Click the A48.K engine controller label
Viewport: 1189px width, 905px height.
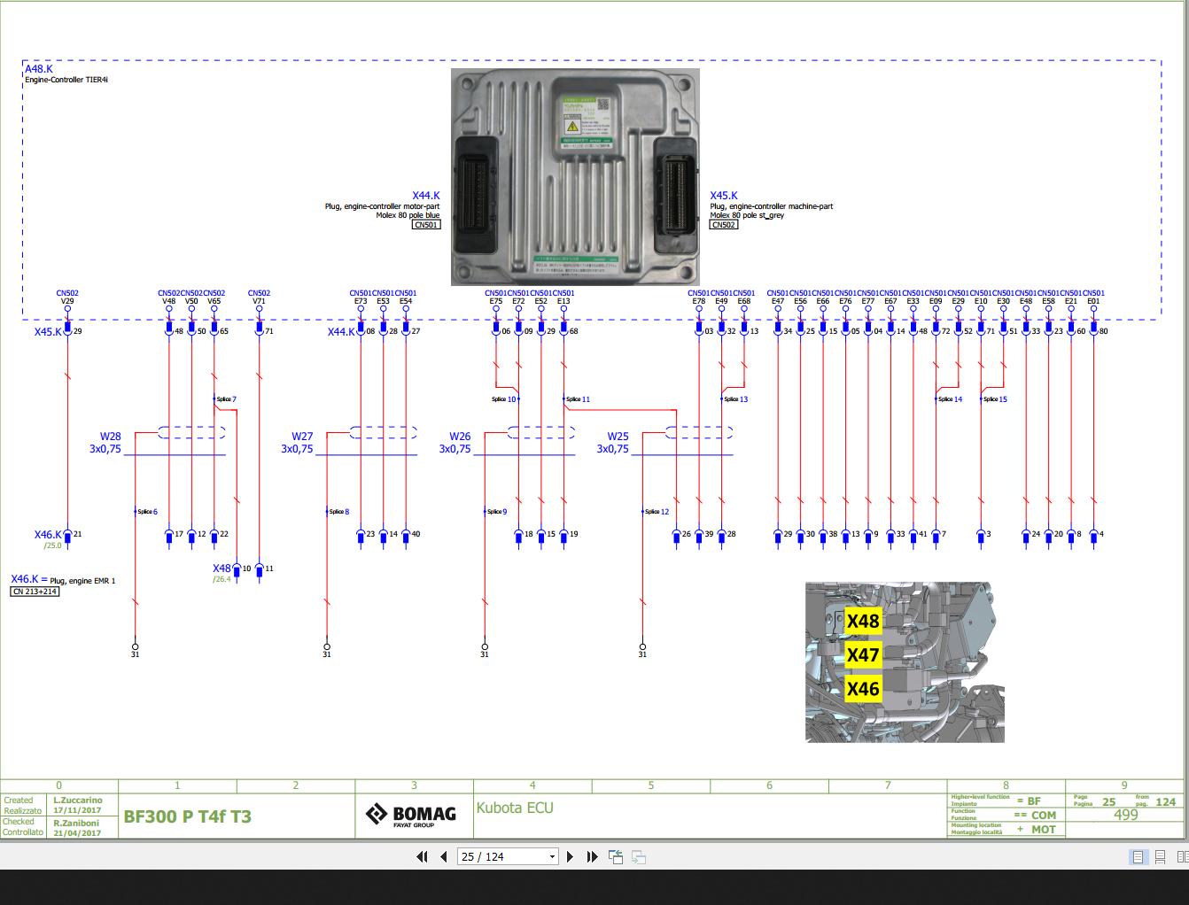pos(38,69)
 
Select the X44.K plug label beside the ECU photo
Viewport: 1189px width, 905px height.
pos(425,196)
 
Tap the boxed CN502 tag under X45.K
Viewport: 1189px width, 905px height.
pos(723,225)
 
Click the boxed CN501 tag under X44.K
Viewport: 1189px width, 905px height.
pos(426,225)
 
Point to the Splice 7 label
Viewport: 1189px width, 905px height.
pos(226,399)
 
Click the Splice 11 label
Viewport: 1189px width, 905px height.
pos(577,399)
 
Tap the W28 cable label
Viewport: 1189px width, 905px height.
pos(110,437)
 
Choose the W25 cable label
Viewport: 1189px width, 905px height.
pos(618,437)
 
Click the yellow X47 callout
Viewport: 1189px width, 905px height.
pos(863,655)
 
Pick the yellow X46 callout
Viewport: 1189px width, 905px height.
pos(863,689)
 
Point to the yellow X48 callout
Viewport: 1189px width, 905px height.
pos(863,622)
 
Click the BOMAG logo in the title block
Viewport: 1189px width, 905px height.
pos(412,815)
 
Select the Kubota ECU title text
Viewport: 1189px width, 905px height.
pos(515,808)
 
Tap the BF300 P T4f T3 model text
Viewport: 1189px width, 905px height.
pos(187,816)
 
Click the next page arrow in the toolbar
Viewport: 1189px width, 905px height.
pos(570,856)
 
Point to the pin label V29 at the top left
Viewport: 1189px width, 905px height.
pos(67,301)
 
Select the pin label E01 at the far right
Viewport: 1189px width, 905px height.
pos(1093,301)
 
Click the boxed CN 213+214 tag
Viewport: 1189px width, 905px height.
pos(35,592)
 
